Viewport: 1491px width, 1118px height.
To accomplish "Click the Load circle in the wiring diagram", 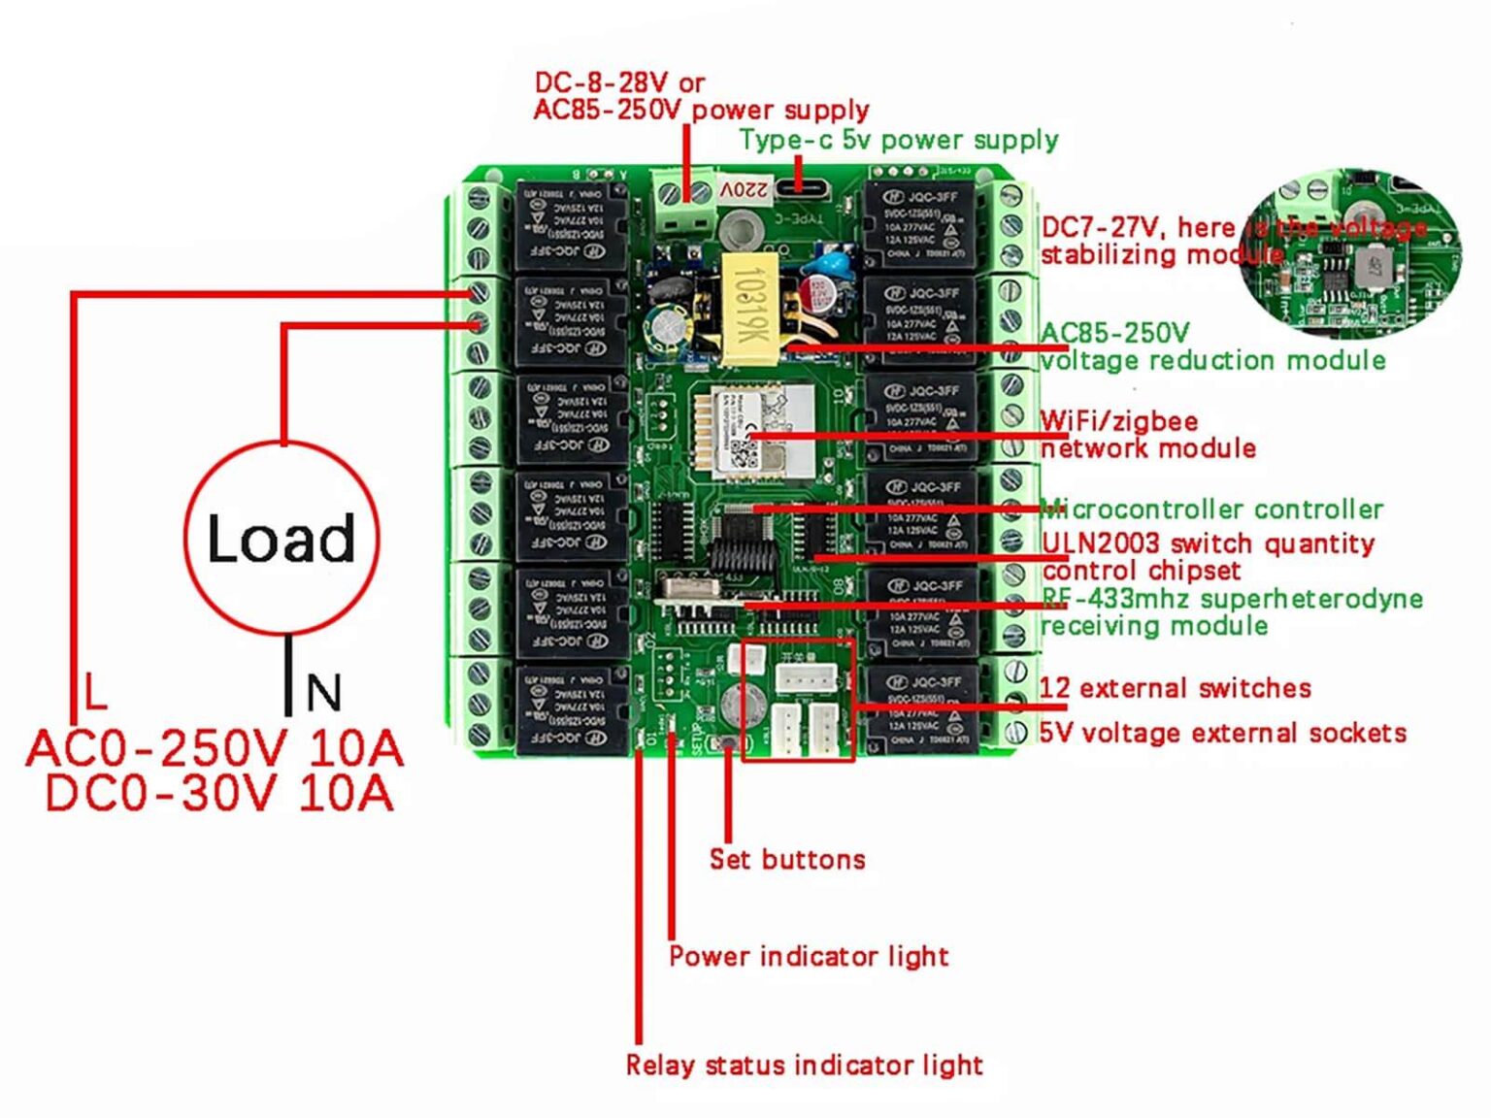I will tap(282, 538).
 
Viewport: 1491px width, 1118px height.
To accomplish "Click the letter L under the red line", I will tap(94, 691).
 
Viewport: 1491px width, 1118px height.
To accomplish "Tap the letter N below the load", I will tap(323, 693).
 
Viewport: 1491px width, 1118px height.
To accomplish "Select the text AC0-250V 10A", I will tap(215, 748).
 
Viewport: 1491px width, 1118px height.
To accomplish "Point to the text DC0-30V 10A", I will tap(219, 793).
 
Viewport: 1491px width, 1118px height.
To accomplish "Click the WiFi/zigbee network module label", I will tap(1147, 434).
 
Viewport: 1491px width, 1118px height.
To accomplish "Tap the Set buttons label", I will tap(786, 859).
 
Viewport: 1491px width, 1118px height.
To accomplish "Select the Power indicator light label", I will tap(808, 956).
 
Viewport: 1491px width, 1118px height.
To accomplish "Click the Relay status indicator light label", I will tap(804, 1065).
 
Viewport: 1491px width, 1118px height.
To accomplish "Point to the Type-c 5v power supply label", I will tap(898, 140).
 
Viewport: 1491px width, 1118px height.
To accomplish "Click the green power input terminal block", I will tap(682, 200).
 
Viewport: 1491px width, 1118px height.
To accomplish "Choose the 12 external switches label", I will tap(1175, 688).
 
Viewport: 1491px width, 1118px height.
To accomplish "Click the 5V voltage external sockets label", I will tap(1222, 732).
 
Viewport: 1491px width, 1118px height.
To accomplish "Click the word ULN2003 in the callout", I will tap(1100, 543).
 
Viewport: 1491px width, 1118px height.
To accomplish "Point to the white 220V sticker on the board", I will tap(745, 189).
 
